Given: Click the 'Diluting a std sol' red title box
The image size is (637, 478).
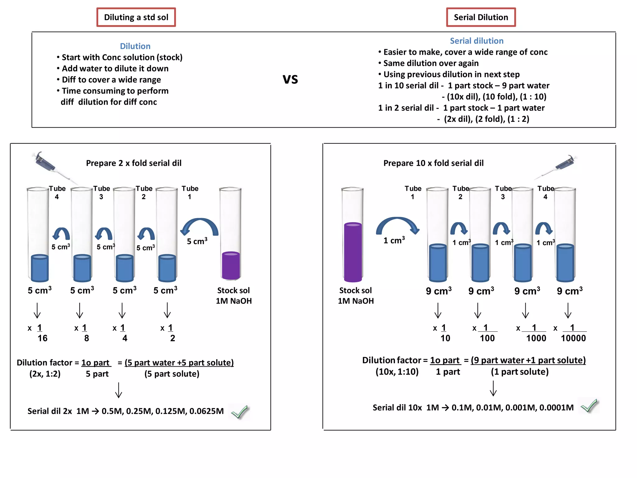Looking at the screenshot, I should pos(136,17).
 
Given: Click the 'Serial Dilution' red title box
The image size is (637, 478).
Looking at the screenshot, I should pos(481,17).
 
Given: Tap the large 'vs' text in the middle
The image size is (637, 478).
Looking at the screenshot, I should pos(290,79).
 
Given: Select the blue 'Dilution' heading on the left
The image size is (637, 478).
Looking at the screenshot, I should pos(135,46).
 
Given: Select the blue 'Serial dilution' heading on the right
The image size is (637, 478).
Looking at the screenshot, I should pos(477,41).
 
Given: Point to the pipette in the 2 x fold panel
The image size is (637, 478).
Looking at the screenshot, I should pos(47,164).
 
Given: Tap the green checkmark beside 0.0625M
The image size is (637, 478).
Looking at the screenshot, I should pos(239,412).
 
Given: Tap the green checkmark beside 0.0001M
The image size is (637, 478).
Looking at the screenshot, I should pos(589,406).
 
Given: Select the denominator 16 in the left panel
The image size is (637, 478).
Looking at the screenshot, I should pos(42,338).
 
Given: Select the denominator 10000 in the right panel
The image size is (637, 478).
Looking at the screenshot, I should pos(573,338).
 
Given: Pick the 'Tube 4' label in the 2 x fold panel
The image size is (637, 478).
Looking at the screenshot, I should pos(57,193).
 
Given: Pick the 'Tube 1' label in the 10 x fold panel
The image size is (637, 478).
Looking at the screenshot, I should pos(413,193).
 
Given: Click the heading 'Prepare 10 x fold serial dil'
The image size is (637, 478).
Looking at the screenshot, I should pos(433,163).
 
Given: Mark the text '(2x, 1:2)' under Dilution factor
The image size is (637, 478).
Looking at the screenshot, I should pos(45,374).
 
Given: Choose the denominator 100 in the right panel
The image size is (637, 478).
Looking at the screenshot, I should pos(487,338).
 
